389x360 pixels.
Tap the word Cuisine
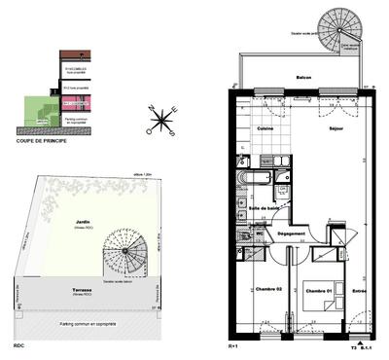[264, 128]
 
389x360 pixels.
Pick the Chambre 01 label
[317, 291]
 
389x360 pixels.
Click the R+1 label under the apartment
[232, 346]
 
